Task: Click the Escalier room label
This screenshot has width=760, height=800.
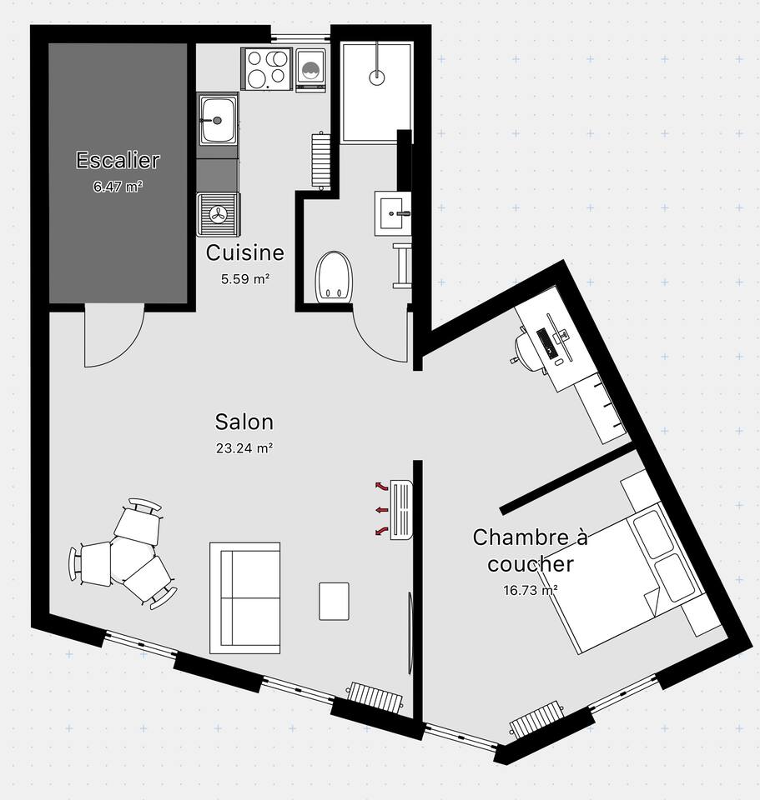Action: pyautogui.click(x=118, y=160)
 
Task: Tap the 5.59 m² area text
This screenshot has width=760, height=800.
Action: pyautogui.click(x=245, y=279)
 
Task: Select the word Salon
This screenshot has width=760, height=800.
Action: pyautogui.click(x=244, y=422)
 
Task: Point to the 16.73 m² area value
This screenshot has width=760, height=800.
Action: pyautogui.click(x=530, y=590)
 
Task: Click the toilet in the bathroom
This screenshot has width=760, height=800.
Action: pyautogui.click(x=334, y=277)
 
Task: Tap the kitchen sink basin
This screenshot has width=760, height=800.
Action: pyautogui.click(x=218, y=120)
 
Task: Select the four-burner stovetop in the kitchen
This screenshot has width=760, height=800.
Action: pyautogui.click(x=266, y=69)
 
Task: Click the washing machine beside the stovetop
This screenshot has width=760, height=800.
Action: pyautogui.click(x=310, y=70)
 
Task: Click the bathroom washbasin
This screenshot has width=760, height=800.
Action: pyautogui.click(x=393, y=213)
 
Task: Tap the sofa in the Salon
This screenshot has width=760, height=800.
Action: pyautogui.click(x=244, y=598)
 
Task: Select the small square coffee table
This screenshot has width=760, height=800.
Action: pyautogui.click(x=334, y=602)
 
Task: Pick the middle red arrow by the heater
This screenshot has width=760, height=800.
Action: pyautogui.click(x=381, y=510)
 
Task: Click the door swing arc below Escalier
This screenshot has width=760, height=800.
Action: pyautogui.click(x=128, y=347)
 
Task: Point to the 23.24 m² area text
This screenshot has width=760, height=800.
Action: pyautogui.click(x=244, y=448)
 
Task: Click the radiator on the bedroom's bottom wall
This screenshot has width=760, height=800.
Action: pyautogui.click(x=536, y=720)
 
